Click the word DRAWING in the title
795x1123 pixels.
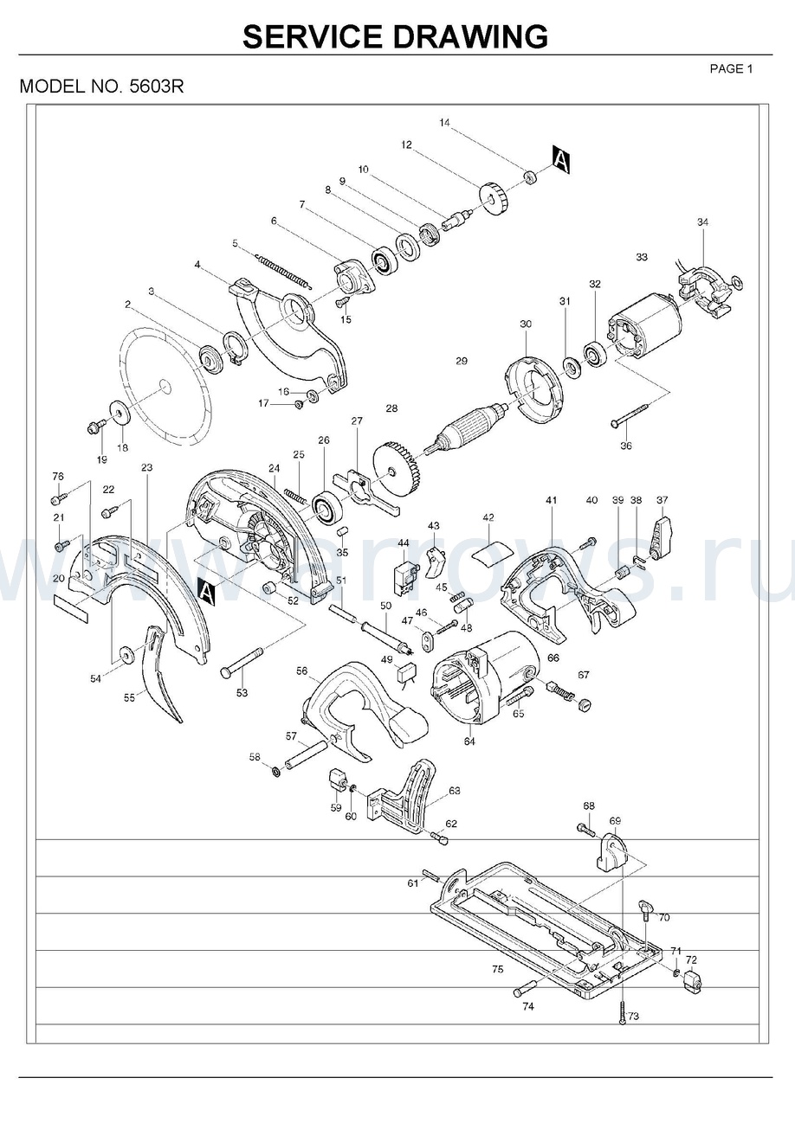click(x=470, y=36)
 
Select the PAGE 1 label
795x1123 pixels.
click(x=731, y=68)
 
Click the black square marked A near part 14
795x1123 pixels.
click(x=560, y=160)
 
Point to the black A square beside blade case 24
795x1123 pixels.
click(x=206, y=590)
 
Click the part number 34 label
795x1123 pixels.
click(x=702, y=222)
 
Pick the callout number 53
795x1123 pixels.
click(x=242, y=692)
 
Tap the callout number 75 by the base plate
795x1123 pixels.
click(x=497, y=970)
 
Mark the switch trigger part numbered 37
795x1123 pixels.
click(x=662, y=536)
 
